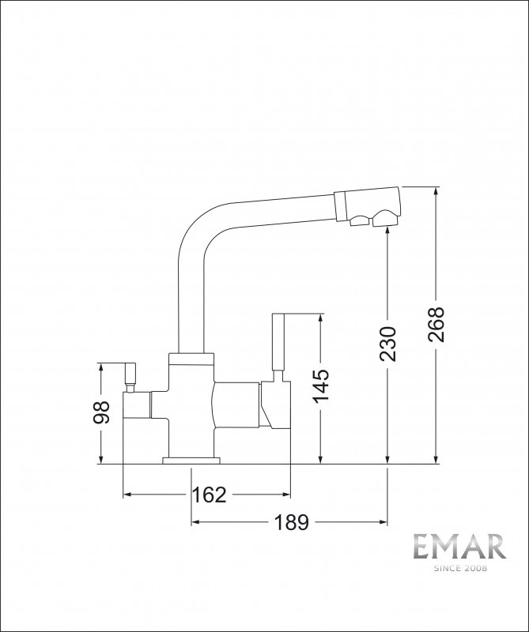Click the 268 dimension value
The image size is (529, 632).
tap(436, 325)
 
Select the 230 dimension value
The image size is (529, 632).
tap(388, 344)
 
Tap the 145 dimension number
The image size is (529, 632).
tap(322, 386)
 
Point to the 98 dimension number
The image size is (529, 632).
tap(101, 412)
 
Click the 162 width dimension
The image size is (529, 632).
tap(209, 495)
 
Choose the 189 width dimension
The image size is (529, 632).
tap(291, 522)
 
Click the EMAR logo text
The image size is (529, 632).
tap(459, 547)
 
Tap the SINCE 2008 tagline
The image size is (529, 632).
tap(460, 568)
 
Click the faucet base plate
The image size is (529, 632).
tap(191, 461)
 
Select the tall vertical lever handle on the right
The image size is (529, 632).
tap(278, 342)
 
